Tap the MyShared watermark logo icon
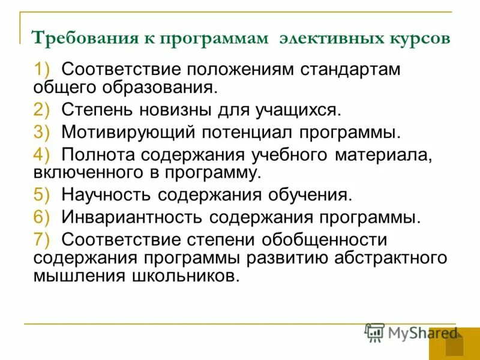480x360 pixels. [x=374, y=332]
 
